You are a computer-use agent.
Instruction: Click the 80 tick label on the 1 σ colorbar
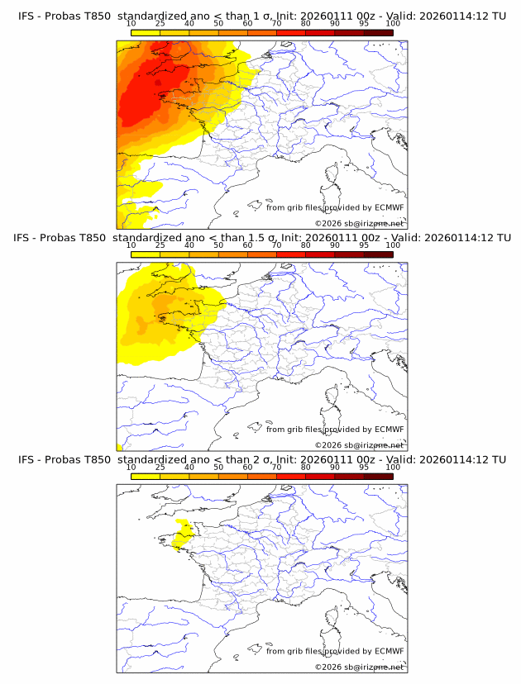(x=306, y=24)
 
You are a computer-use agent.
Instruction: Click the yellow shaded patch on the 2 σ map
(x=182, y=534)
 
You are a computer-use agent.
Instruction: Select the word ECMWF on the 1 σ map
(x=389, y=207)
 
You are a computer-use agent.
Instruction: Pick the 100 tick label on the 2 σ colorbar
(x=393, y=467)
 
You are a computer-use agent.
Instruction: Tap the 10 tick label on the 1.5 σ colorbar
(x=131, y=245)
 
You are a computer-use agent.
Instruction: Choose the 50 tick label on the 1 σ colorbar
(x=218, y=24)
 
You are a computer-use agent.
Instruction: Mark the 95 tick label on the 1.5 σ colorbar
(x=364, y=245)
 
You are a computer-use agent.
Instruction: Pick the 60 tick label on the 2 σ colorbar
(x=247, y=467)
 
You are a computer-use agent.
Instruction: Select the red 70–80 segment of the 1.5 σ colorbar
(x=291, y=254)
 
